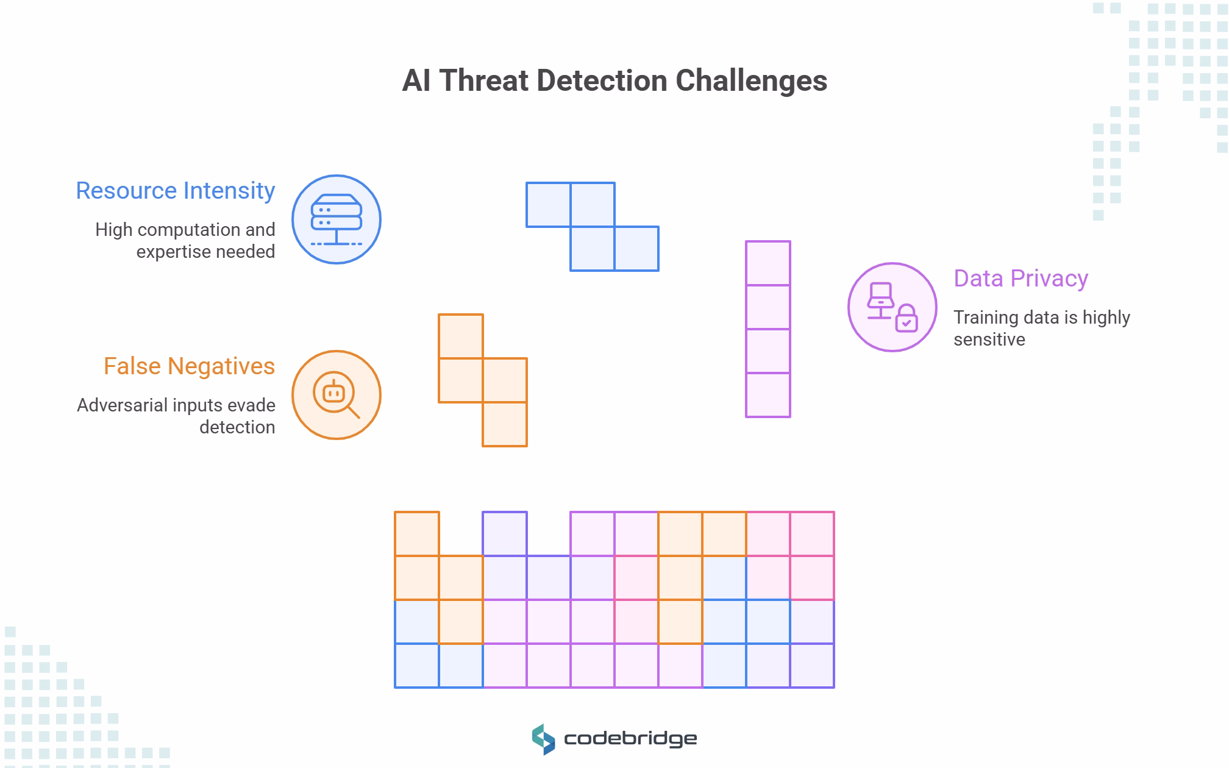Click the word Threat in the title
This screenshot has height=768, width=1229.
point(483,81)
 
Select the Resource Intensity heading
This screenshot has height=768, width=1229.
point(176,191)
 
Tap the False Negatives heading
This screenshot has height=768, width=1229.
point(189,366)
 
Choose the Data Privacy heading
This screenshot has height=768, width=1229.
point(1021,279)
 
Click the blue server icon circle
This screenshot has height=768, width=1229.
point(337,219)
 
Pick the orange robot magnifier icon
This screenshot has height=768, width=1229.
point(337,395)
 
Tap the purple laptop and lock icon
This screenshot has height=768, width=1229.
point(892,307)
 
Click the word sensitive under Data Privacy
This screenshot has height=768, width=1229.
point(989,340)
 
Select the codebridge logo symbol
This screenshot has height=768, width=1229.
point(543,739)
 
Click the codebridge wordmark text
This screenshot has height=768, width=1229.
point(630,739)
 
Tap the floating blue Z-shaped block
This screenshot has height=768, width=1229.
point(593,227)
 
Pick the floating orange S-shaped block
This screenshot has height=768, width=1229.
point(483,380)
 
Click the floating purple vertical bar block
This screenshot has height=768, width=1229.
point(768,329)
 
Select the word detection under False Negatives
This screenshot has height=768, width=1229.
point(237,427)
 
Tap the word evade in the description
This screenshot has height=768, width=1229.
point(251,405)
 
